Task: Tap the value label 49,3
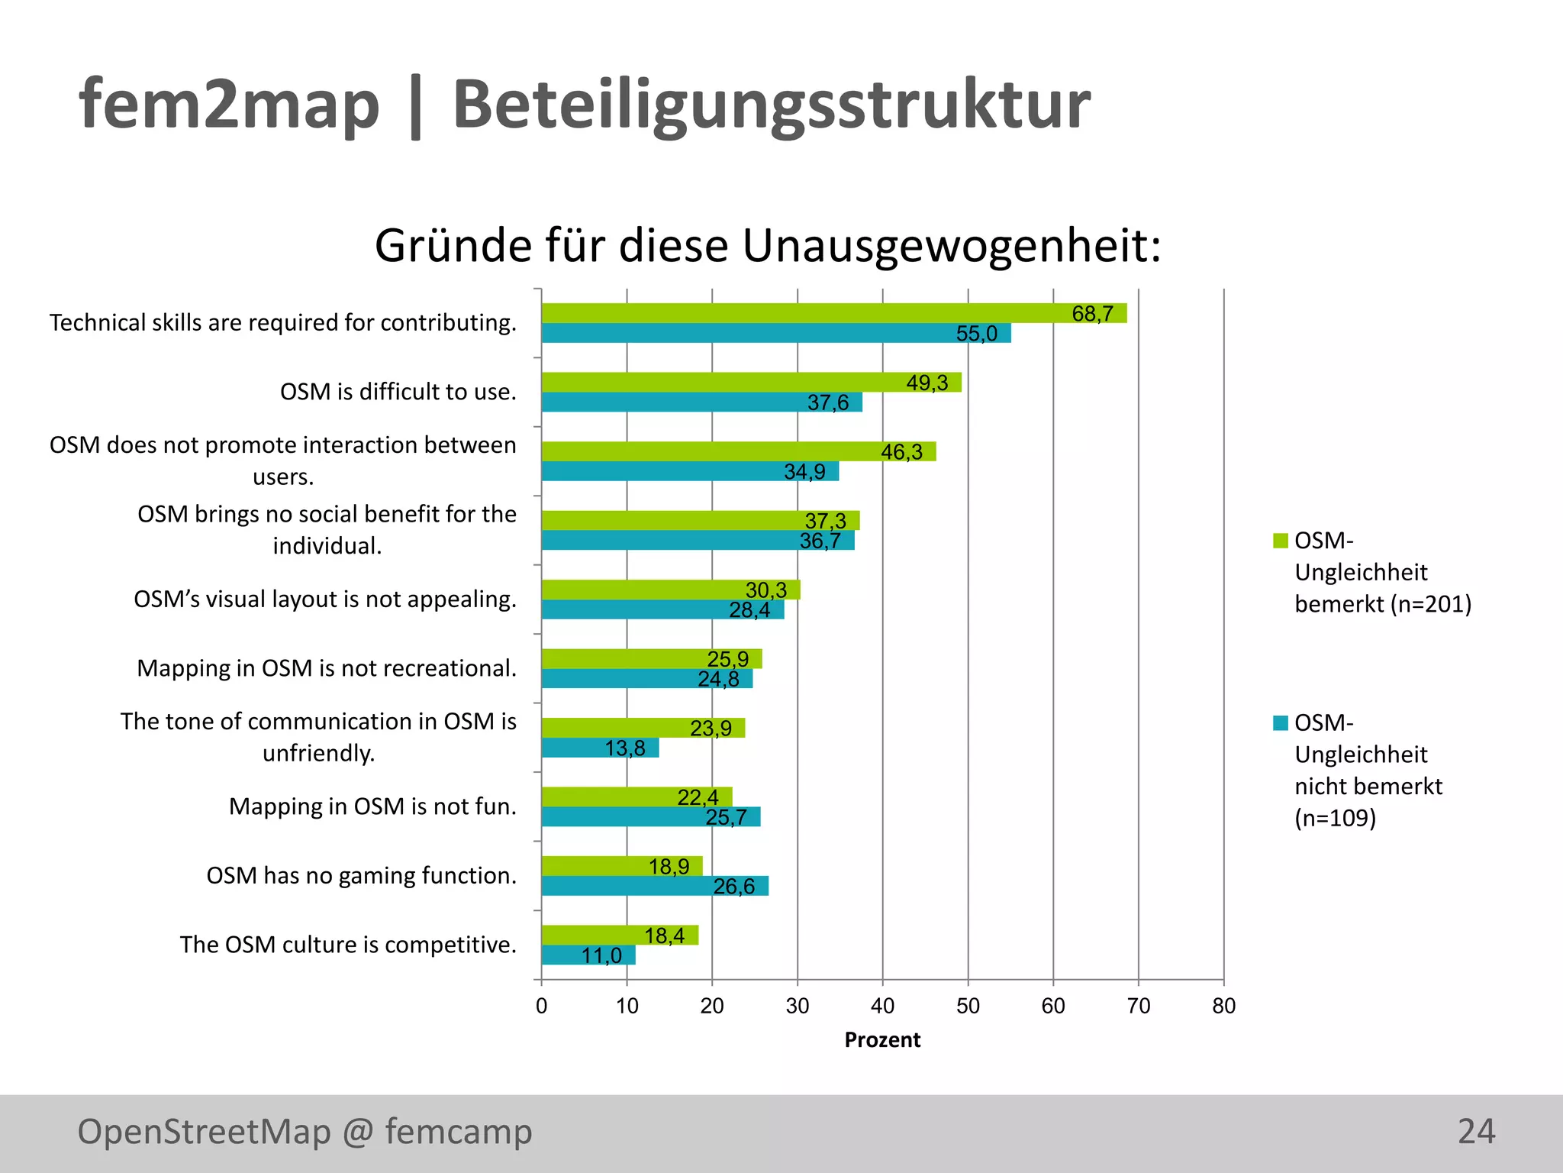pyautogui.click(x=927, y=383)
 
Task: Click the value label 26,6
pyautogui.click(x=733, y=886)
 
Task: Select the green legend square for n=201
pyautogui.click(x=1281, y=541)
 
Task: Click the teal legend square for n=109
pyautogui.click(x=1281, y=722)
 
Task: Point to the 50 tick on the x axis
pyautogui.click(x=968, y=1006)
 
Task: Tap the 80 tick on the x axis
pyautogui.click(x=1223, y=1006)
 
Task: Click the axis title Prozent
pyautogui.click(x=882, y=1040)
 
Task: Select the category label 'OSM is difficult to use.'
pyautogui.click(x=398, y=392)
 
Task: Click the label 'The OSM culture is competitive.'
pyautogui.click(x=348, y=945)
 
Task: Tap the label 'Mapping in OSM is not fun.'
pyautogui.click(x=372, y=806)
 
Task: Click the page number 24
pyautogui.click(x=1476, y=1131)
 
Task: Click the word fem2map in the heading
pyautogui.click(x=229, y=105)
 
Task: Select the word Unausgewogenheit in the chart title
pyautogui.click(x=951, y=246)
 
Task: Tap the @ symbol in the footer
pyautogui.click(x=358, y=1132)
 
